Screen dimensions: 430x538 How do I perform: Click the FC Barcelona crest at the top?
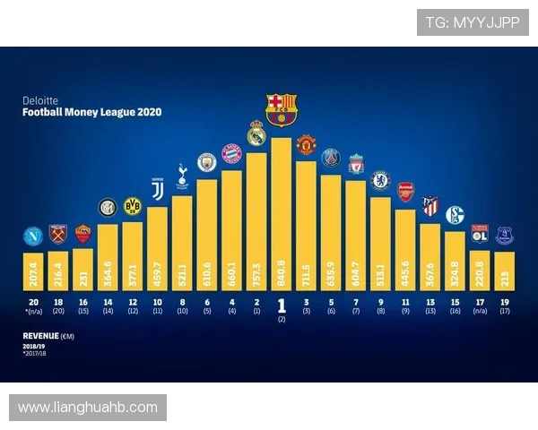click(x=281, y=108)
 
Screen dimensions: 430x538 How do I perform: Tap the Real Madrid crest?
click(x=256, y=133)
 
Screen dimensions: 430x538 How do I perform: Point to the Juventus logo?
click(x=158, y=188)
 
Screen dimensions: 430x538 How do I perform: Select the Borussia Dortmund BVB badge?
click(x=133, y=206)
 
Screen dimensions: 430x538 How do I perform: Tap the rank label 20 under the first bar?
click(x=33, y=302)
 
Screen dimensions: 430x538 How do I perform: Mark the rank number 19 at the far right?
click(x=503, y=302)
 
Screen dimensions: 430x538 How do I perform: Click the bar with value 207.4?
click(x=33, y=270)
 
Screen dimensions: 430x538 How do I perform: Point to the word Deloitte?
click(x=38, y=101)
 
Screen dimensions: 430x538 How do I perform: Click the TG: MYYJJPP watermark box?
click(x=473, y=22)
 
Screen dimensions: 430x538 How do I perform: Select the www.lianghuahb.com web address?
click(x=88, y=408)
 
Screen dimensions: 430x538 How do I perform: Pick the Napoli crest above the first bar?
click(x=33, y=237)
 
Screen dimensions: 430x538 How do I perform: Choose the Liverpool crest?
click(x=356, y=164)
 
